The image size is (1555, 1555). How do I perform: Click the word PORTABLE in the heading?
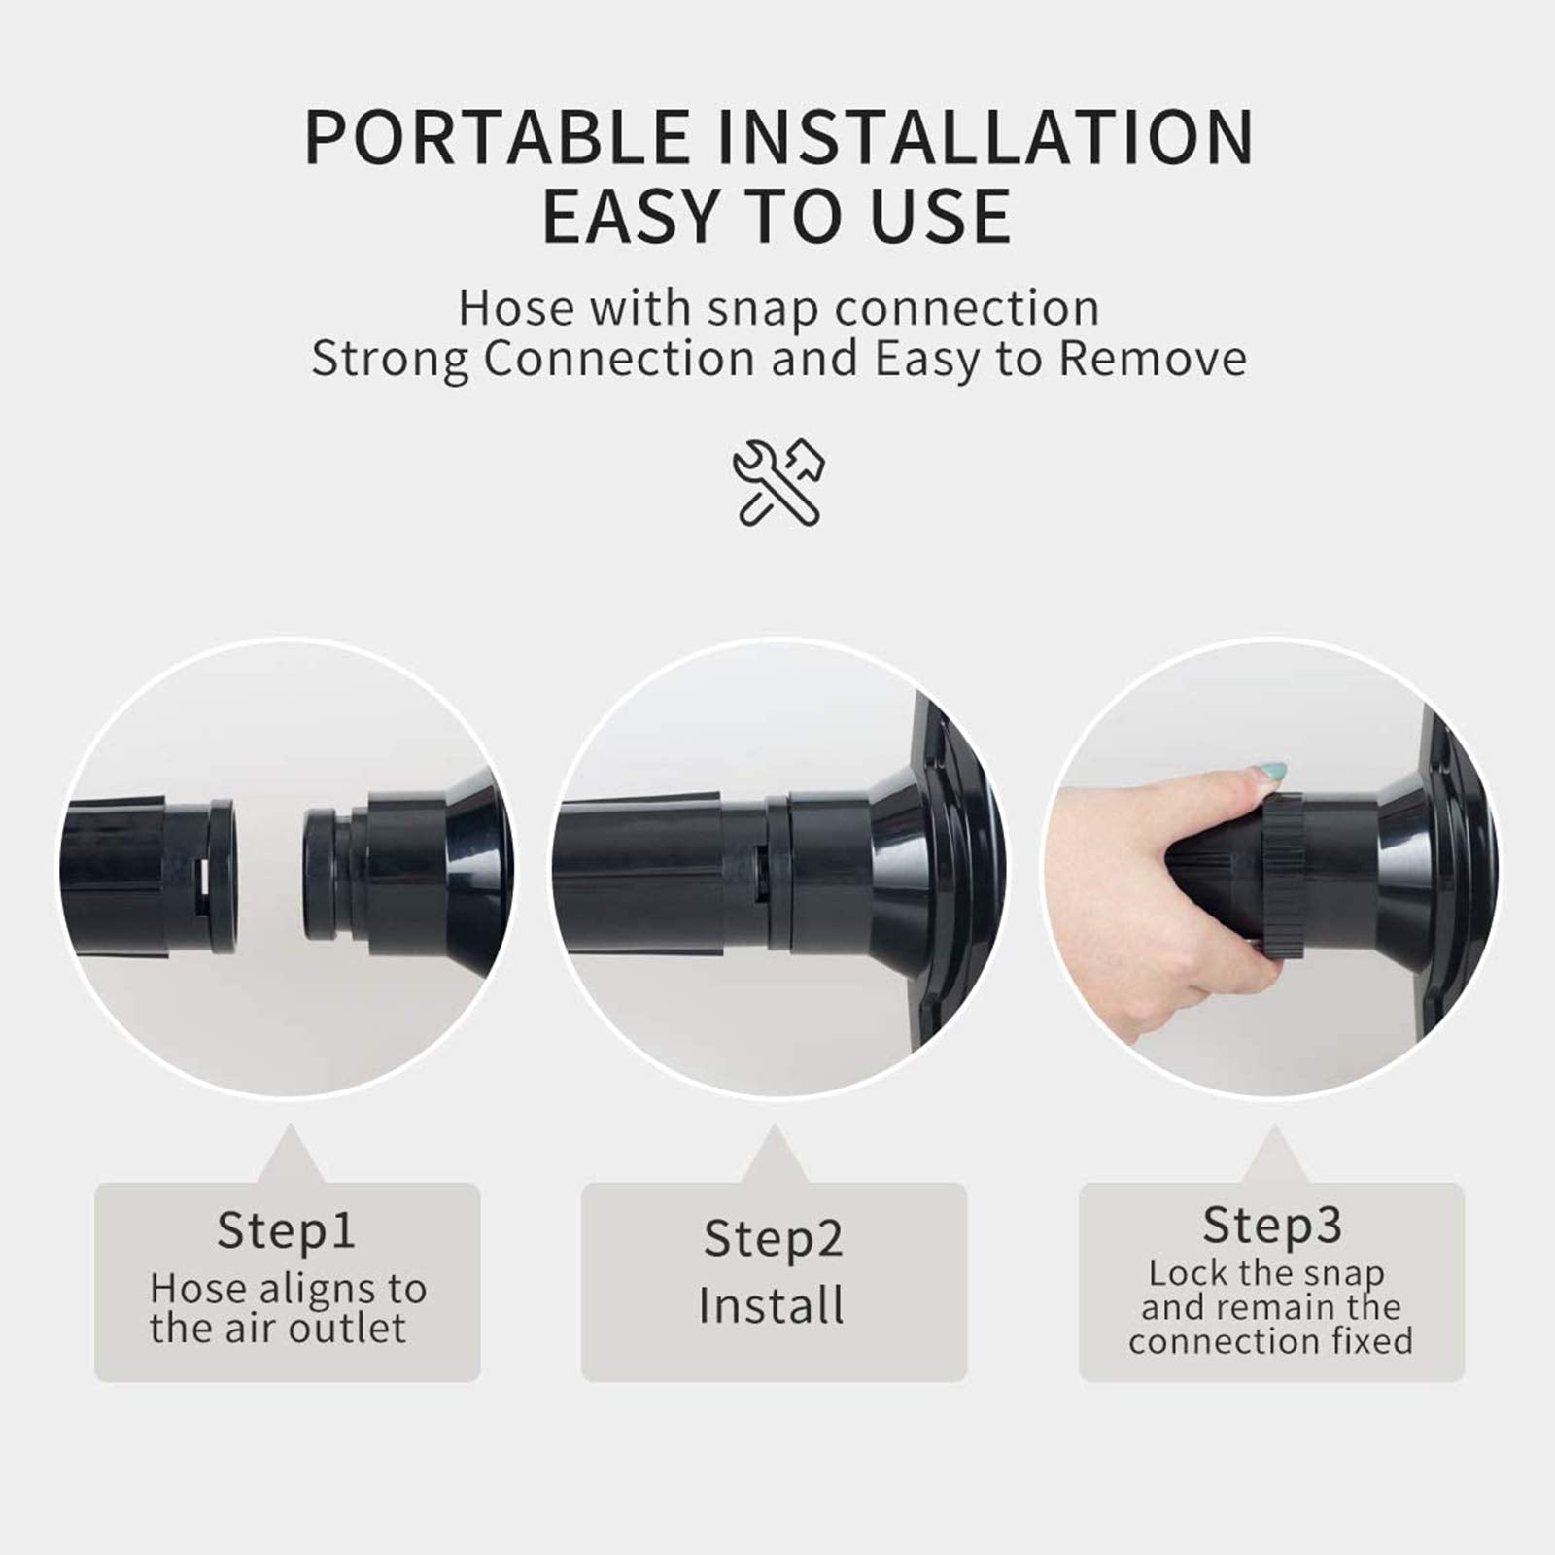tap(498, 137)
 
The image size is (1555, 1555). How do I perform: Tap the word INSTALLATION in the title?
tap(985, 137)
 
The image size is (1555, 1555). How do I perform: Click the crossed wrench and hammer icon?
tap(778, 483)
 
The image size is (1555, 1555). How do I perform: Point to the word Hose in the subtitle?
tap(516, 308)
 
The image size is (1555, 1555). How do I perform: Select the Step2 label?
tap(774, 1239)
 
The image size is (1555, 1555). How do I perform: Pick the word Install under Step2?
tap(772, 1305)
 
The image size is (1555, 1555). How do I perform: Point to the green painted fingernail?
tap(1272, 773)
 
